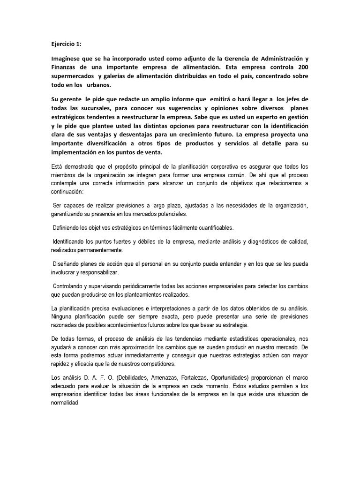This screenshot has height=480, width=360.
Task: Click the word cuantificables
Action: pyautogui.click(x=210, y=227)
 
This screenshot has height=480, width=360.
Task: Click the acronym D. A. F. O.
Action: pyautogui.click(x=97, y=377)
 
